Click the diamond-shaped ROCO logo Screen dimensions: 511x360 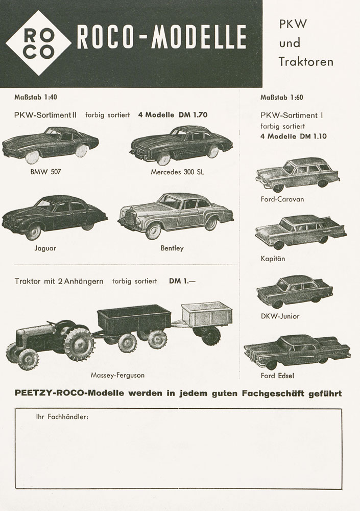(38, 43)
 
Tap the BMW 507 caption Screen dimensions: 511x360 (45, 172)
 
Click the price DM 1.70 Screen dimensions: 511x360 (193, 115)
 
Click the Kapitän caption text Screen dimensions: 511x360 (273, 259)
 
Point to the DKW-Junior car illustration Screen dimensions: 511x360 (295, 291)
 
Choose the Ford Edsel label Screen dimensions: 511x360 (277, 376)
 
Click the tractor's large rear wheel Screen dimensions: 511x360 (80, 344)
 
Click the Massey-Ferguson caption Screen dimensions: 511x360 (117, 375)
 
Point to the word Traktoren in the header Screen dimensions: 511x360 (306, 62)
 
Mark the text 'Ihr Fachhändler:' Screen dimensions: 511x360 (62, 416)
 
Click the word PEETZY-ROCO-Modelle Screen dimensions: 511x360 (66, 393)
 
